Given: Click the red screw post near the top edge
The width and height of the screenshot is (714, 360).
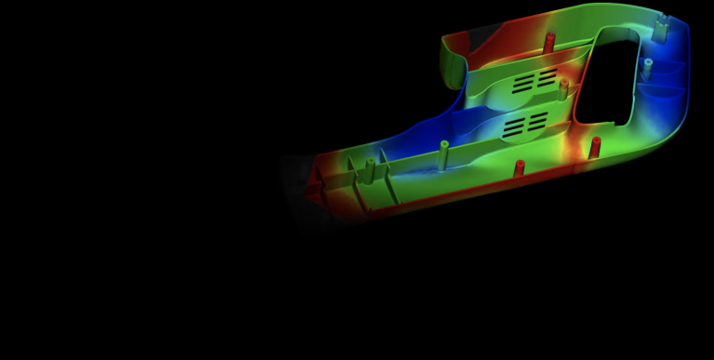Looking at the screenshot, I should pos(549,41).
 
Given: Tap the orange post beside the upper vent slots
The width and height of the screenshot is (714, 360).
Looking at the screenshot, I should pos(563,87).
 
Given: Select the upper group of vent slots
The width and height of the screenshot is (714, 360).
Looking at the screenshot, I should pos(535,80).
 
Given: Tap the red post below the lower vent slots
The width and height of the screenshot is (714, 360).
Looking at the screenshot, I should pos(520,168).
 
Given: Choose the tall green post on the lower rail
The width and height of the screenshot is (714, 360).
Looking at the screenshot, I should pos(443,151).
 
